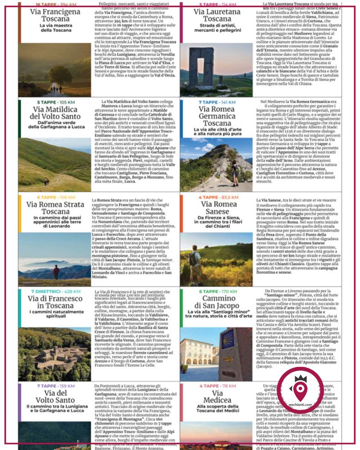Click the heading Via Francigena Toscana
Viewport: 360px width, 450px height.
point(55,16)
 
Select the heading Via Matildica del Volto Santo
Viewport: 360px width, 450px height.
point(55,113)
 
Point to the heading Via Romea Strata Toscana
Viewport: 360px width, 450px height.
point(55,208)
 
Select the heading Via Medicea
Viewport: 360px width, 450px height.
point(217,397)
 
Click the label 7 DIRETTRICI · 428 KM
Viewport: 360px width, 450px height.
point(56,291)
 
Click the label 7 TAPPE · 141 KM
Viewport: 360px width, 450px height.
point(217,102)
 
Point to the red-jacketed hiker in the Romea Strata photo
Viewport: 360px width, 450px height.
point(56,271)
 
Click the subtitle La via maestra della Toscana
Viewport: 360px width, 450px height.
point(55,28)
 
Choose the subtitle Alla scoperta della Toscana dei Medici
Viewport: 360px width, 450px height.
point(217,409)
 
